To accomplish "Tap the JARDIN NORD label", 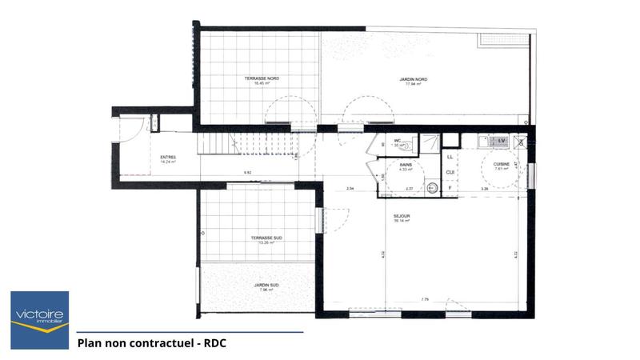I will coord(413,80).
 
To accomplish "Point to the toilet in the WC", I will coord(409,146).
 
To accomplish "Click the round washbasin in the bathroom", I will coord(432,187).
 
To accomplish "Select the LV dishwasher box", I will coord(502,141).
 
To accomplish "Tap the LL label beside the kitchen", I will coord(450,158).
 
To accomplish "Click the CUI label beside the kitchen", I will coord(450,172).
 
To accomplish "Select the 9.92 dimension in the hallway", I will coord(247,173).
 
